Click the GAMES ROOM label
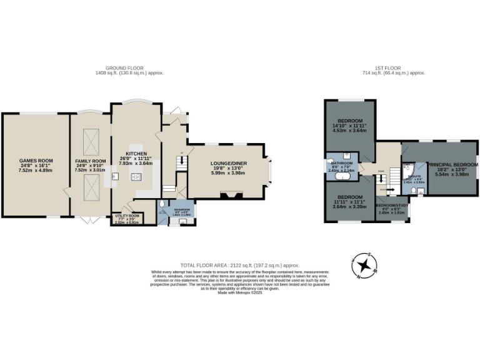click(x=35, y=161)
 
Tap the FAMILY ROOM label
click(x=88, y=161)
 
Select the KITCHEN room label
click(x=136, y=153)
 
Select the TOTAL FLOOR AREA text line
click(x=239, y=265)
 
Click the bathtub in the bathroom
click(x=342, y=177)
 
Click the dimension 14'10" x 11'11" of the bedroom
click(x=350, y=126)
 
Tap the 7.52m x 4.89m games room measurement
click(x=35, y=170)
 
